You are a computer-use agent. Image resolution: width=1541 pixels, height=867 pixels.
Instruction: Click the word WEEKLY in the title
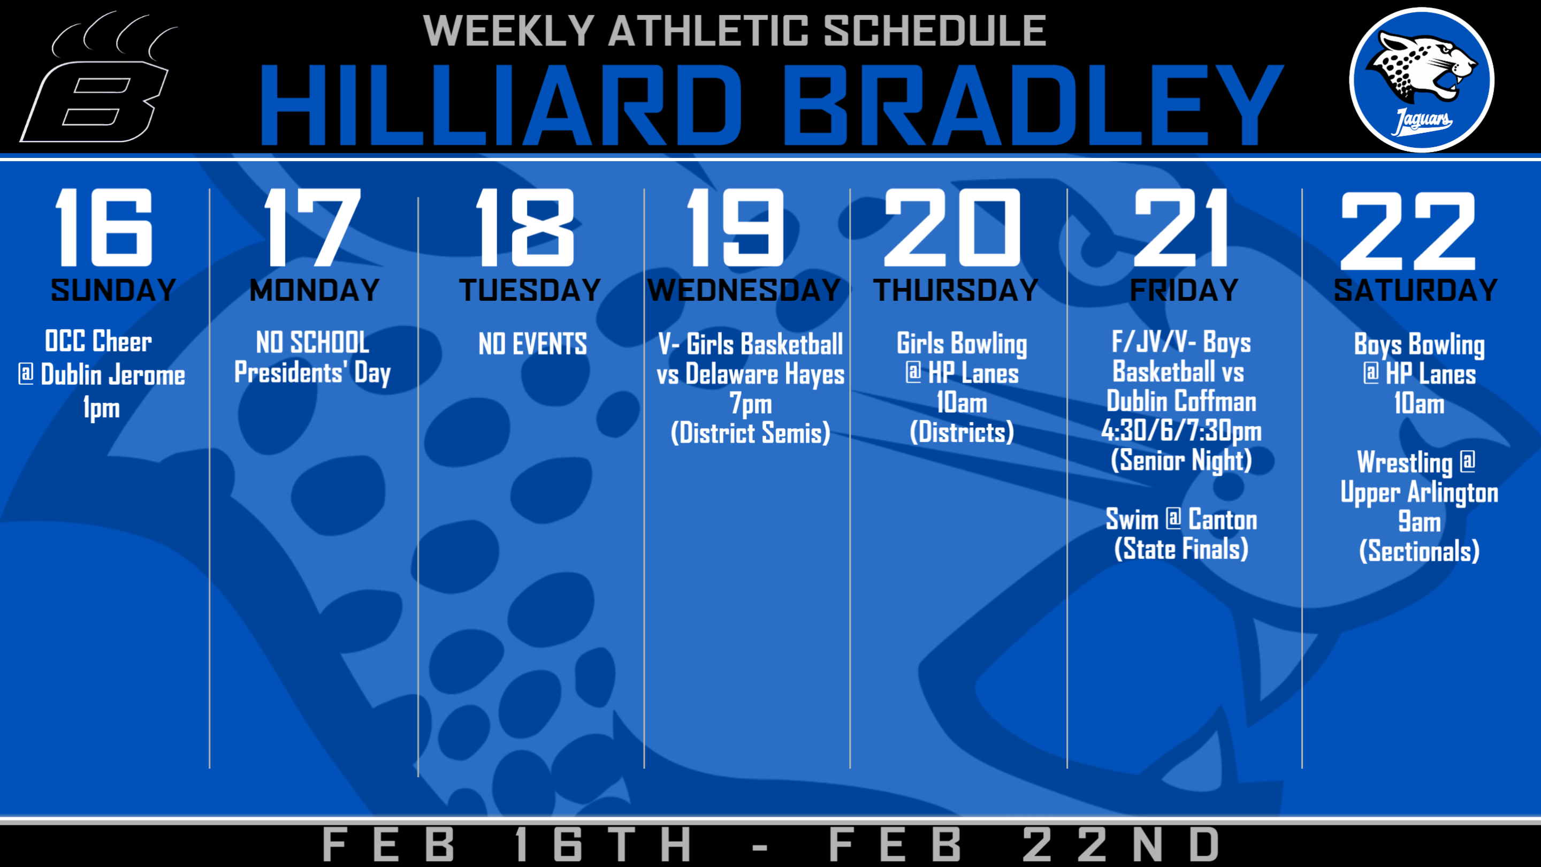click(508, 31)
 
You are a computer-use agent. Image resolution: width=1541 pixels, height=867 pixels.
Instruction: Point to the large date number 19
click(735, 227)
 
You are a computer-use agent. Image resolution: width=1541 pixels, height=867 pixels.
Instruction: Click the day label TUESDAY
click(530, 291)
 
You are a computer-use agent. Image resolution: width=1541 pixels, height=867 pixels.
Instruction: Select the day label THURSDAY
click(956, 291)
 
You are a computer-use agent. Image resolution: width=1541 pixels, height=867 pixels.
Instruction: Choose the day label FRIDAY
click(1184, 291)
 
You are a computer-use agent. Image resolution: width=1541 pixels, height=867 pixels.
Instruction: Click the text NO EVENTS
click(532, 344)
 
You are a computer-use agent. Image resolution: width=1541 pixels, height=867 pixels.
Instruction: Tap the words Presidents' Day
click(312, 374)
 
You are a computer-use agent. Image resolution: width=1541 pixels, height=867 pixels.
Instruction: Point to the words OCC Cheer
click(98, 341)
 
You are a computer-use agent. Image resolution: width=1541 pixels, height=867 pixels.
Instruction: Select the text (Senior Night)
click(1181, 461)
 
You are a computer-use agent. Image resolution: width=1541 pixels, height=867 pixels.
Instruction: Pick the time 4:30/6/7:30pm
click(1181, 431)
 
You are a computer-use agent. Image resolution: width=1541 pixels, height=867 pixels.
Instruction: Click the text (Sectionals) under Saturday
click(1419, 551)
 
